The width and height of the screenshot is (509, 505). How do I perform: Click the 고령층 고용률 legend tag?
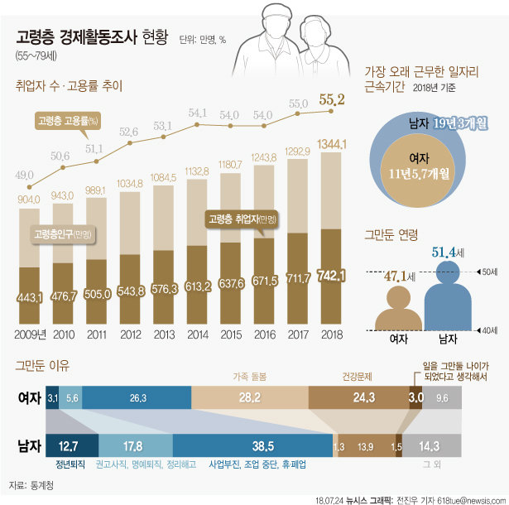click(68, 121)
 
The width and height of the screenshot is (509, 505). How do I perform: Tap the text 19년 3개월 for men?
click(459, 124)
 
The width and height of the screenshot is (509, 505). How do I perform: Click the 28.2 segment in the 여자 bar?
click(248, 397)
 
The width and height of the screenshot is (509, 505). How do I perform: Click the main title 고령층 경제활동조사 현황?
click(92, 38)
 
